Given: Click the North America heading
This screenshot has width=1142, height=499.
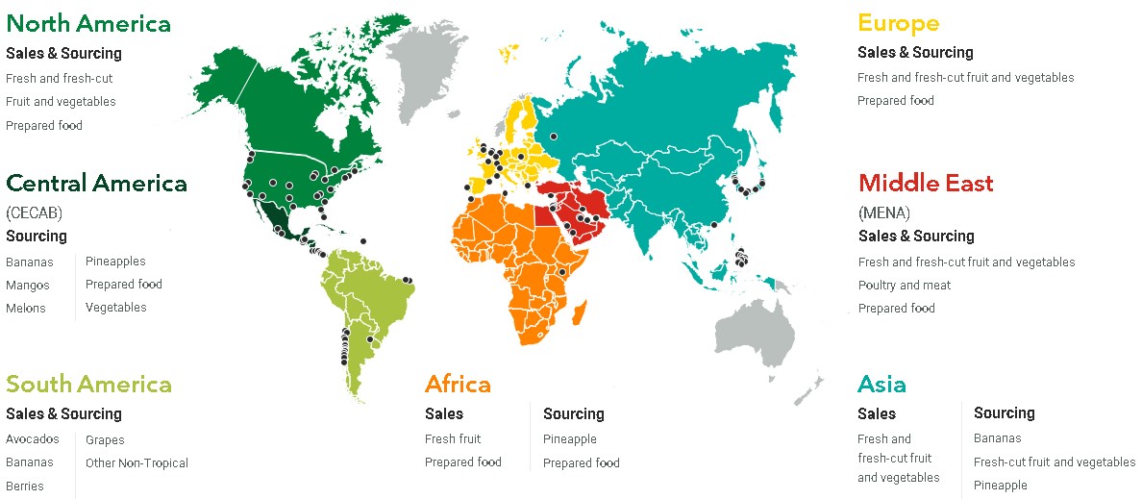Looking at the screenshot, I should pyautogui.click(x=88, y=23).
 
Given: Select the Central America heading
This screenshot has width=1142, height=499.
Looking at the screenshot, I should pyautogui.click(x=96, y=183).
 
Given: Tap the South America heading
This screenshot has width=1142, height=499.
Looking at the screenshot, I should pyautogui.click(x=88, y=385).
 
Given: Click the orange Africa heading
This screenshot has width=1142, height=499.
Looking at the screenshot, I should pyautogui.click(x=458, y=385).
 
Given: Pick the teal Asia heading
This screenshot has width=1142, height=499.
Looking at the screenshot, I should pyautogui.click(x=881, y=385).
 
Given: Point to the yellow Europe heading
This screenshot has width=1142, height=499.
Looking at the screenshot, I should pyautogui.click(x=898, y=23).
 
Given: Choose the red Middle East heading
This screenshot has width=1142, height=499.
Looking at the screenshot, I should pyautogui.click(x=926, y=183).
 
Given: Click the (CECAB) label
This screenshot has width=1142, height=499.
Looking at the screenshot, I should pyautogui.click(x=34, y=212).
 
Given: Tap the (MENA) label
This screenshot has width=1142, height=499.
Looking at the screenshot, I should pyautogui.click(x=883, y=212).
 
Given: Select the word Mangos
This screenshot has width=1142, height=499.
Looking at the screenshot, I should pyautogui.click(x=27, y=285).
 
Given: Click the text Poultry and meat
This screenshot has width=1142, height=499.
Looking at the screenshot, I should pyautogui.click(x=905, y=285).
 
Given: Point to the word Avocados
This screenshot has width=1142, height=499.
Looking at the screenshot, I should pyautogui.click(x=32, y=439).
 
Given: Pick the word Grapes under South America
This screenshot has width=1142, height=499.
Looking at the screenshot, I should pyautogui.click(x=105, y=439).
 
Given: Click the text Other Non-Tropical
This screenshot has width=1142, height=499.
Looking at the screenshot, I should pyautogui.click(x=137, y=462).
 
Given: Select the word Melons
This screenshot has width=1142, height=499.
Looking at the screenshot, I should pyautogui.click(x=26, y=308).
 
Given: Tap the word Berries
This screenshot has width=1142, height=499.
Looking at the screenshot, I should pyautogui.click(x=25, y=486).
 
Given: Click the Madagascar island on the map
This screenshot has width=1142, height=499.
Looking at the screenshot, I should pyautogui.click(x=578, y=314).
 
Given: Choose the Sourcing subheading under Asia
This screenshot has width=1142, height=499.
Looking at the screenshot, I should pyautogui.click(x=1004, y=412).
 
